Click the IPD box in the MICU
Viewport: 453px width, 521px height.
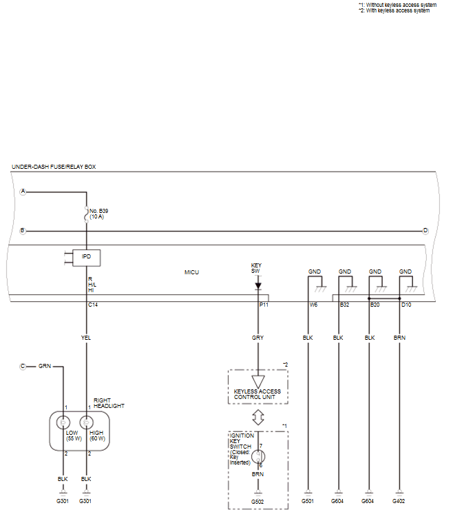86,258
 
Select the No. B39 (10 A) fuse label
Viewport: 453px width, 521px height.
98,214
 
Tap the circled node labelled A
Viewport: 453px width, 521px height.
23,192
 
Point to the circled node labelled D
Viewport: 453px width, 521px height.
425,231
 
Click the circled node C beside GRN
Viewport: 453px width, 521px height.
23,366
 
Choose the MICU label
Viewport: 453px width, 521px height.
191,272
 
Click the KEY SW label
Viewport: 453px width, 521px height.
256,268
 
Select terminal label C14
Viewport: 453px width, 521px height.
93,305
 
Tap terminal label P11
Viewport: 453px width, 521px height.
264,305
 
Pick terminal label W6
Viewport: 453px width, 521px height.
313,305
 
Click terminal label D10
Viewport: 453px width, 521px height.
406,305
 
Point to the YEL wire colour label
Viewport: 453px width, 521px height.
86,338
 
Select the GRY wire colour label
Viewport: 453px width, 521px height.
257,338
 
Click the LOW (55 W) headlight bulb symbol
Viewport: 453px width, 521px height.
63,422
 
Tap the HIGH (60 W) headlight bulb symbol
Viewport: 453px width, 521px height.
86,422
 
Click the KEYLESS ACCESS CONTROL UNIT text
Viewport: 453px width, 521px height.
257,394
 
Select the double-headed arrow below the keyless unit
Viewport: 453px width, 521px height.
258,418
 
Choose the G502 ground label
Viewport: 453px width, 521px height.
257,502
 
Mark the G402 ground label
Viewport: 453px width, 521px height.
399,501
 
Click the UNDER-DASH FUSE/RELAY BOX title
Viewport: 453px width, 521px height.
54,167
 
